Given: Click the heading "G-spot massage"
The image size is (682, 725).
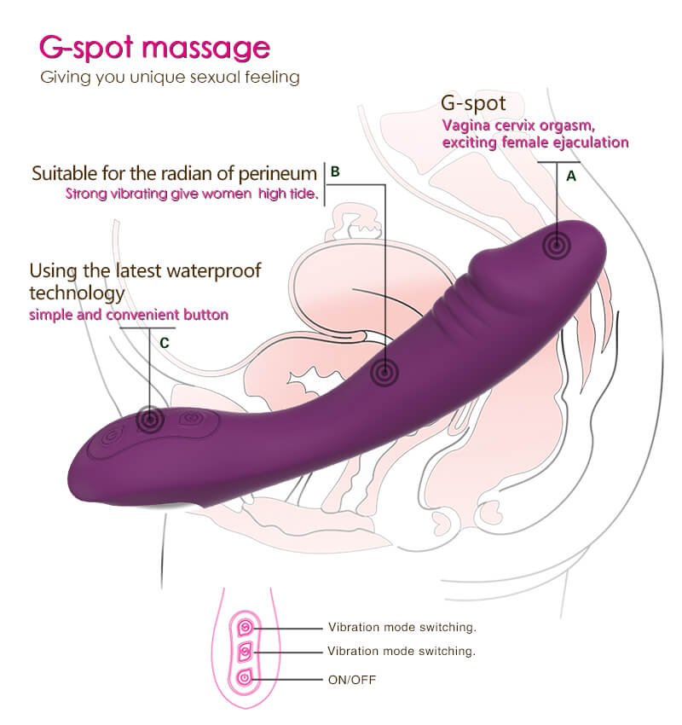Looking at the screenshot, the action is point(155,48).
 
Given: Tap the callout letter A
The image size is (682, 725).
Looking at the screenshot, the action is point(571,177).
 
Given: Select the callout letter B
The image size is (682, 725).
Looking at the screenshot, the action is point(335,171).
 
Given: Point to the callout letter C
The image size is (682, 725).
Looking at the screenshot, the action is point(164,343).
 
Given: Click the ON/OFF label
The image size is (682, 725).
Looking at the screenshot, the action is point(351,680).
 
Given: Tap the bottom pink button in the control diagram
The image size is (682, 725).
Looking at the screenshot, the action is point(246,678).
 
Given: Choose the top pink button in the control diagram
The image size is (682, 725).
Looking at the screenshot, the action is point(246,627).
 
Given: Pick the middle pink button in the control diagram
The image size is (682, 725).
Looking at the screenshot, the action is point(246,652).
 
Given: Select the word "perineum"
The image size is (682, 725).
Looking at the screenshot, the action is point(278,174).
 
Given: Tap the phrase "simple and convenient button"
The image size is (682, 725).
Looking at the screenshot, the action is point(129,315).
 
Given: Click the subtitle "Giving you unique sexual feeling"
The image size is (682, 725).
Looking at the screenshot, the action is point(170,78).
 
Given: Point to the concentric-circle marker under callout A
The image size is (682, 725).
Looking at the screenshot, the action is point(557,245).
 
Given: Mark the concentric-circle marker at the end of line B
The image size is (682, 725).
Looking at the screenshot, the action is point(384,371).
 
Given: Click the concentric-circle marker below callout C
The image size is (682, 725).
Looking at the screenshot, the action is point(150,420).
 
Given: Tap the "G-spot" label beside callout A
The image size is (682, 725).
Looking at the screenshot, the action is point(473,103).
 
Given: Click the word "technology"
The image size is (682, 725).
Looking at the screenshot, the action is point(77,293).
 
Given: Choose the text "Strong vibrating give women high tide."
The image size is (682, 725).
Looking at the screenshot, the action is point(192,194).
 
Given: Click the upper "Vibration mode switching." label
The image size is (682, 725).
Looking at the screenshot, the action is point(402,628).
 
